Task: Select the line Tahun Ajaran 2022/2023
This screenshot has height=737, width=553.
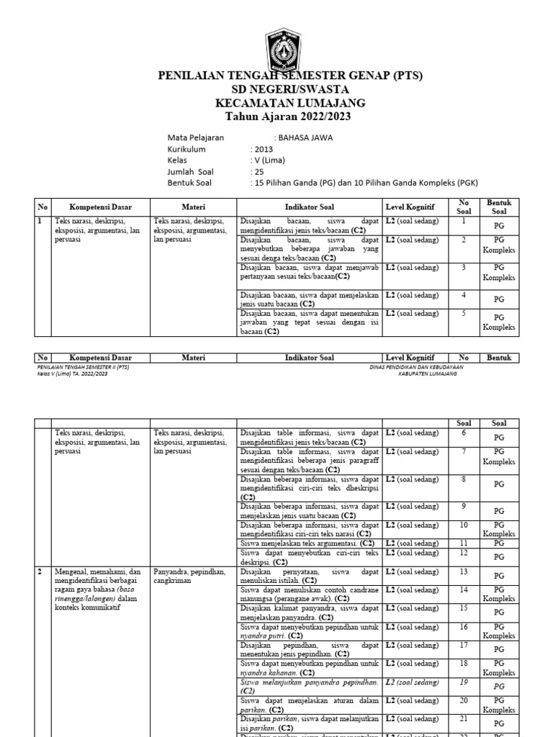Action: (290, 116)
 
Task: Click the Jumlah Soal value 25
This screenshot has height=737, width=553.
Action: (258, 172)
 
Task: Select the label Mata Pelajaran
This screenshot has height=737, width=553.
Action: (195, 137)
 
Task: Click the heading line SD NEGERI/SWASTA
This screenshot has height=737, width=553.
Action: (290, 89)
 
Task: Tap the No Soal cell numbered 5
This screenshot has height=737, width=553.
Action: (464, 314)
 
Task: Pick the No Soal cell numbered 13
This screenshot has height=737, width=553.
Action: (464, 571)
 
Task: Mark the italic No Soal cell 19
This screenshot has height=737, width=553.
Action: (464, 681)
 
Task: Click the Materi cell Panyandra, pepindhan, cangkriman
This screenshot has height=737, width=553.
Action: (189, 576)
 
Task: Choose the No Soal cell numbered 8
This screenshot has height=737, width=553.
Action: (464, 479)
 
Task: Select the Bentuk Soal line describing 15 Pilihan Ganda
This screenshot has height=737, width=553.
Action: (366, 184)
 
